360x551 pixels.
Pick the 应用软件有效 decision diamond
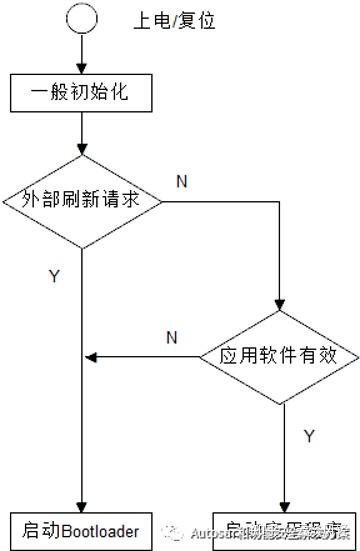coord(279,355)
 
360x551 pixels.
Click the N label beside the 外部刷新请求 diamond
coord(181,180)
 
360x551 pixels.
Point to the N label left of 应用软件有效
coord(171,337)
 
